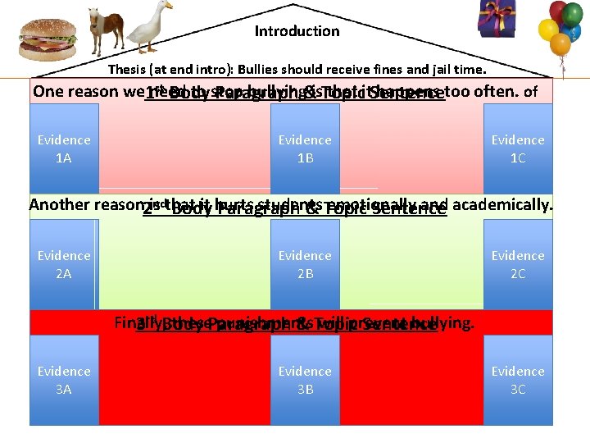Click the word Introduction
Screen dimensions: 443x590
point(297,31)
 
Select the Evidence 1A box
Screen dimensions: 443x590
point(64,148)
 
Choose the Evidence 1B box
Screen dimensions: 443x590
point(305,148)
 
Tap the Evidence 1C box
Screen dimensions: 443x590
point(518,148)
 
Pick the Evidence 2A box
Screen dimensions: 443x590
point(64,264)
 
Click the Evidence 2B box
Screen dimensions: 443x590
point(305,264)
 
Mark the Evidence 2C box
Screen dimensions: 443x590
point(518,264)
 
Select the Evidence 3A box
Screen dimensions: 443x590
point(64,380)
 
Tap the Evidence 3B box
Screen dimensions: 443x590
point(305,380)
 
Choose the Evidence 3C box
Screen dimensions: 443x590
point(518,380)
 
